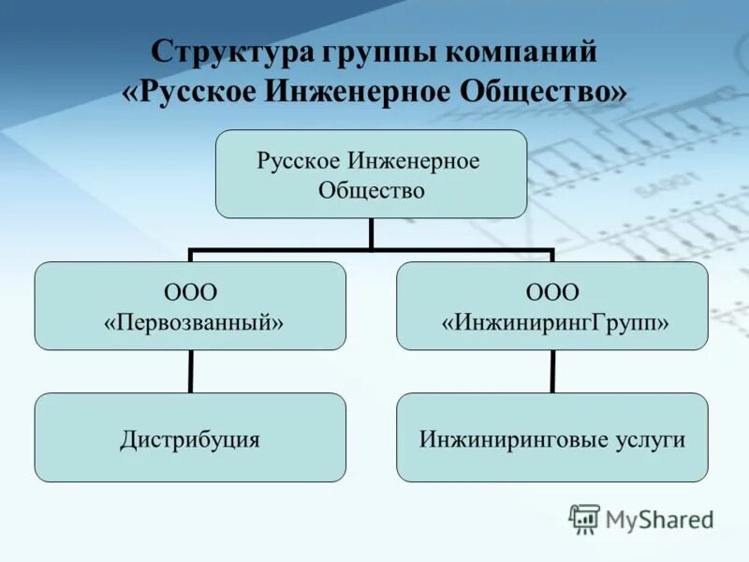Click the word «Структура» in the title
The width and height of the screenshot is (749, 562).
tap(220, 52)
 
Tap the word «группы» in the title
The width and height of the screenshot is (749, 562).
tap(366, 54)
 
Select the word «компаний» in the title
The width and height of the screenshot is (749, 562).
tap(521, 52)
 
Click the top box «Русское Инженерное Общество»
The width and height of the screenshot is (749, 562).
tap(371, 174)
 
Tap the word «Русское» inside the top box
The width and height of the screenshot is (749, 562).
tap(299, 161)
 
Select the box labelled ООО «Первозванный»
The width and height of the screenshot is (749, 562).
tap(190, 305)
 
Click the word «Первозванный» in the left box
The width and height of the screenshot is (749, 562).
tap(194, 321)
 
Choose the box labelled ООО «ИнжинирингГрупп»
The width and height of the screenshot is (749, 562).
tap(552, 305)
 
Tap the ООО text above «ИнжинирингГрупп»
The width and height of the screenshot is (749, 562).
tap(552, 291)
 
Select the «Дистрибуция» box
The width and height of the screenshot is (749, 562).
tap(190, 437)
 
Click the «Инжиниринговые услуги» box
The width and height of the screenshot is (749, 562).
tap(552, 437)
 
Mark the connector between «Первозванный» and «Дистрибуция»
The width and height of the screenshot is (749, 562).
tap(190, 371)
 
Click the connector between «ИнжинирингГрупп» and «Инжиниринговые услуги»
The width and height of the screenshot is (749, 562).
tap(552, 371)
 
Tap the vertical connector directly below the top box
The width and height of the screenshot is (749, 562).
tap(371, 234)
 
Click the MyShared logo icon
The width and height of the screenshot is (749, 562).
tap(584, 518)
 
